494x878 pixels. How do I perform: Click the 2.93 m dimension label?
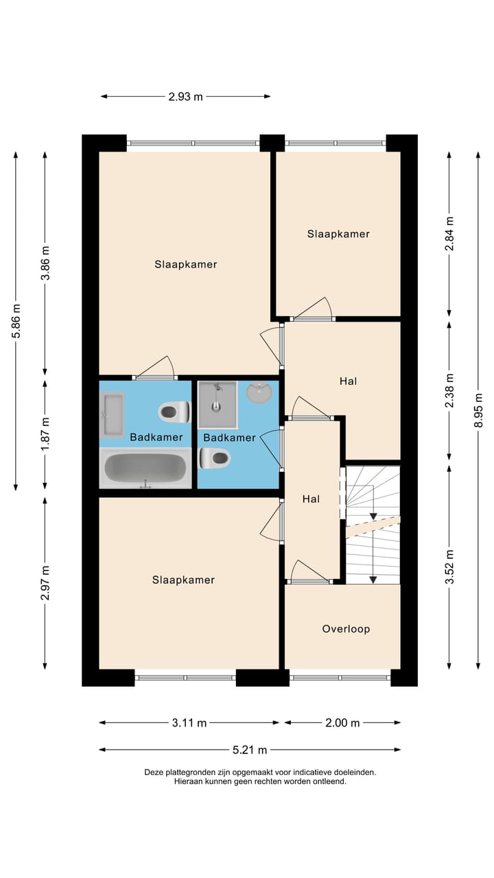pos(185,97)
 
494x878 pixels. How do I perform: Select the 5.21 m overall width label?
pos(250,750)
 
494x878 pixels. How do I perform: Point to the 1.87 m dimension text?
pos(45,434)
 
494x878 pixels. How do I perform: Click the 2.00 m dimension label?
pos(342,722)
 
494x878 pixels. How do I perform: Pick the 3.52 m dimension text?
pos(449,567)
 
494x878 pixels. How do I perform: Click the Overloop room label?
pos(346,629)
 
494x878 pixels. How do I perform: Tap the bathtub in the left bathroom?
pos(145,468)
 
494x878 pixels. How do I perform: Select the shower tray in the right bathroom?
pos(217,405)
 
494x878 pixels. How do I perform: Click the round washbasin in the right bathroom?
pos(259,393)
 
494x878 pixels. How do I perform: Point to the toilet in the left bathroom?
pos(174,412)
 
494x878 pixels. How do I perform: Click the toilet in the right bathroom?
pos(215,458)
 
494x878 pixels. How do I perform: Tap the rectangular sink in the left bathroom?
pos(112,414)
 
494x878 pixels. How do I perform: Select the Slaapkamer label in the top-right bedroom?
pos(338,234)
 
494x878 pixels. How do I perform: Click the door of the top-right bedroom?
pos(313,310)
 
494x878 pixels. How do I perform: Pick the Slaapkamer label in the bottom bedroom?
pos(183,580)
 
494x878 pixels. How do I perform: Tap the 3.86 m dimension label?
pos(45,263)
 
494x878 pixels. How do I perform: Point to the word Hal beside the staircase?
pos(311,499)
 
